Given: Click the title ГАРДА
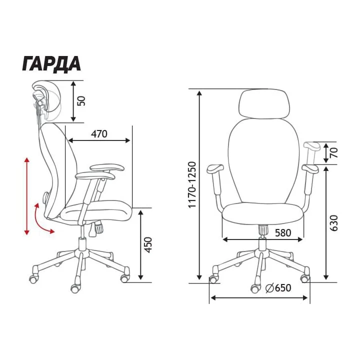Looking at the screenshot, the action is pyautogui.click(x=51, y=64).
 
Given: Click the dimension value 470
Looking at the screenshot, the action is pyautogui.click(x=99, y=134).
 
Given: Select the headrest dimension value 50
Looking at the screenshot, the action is pyautogui.click(x=81, y=101).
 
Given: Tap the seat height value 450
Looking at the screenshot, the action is pyautogui.click(x=149, y=245).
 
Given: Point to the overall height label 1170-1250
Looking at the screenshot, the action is pyautogui.click(x=192, y=185).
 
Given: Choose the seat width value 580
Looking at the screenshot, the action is pyautogui.click(x=283, y=233).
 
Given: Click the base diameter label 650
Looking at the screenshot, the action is pyautogui.click(x=283, y=287).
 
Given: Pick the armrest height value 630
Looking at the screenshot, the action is pyautogui.click(x=334, y=223).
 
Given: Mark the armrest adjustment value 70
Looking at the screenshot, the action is pyautogui.click(x=334, y=152).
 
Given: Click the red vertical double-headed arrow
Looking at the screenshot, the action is pyautogui.click(x=27, y=196).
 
